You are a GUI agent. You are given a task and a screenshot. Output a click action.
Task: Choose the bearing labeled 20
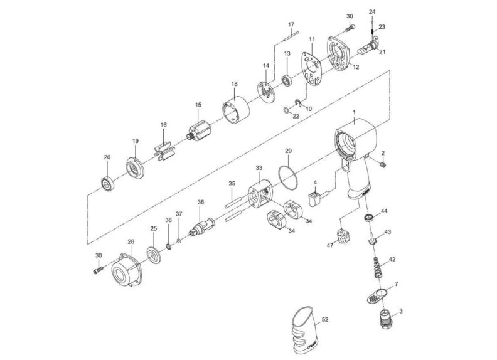tap(107, 183)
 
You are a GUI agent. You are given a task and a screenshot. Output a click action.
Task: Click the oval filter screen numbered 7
tap(377, 295)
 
